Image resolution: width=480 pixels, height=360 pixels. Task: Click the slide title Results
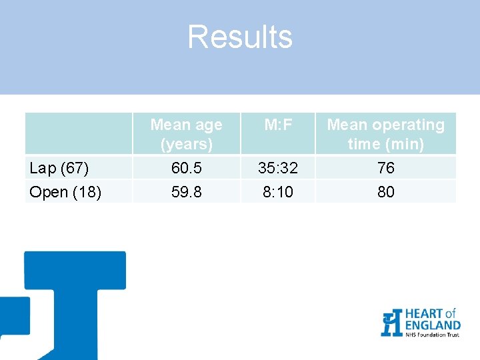(x=239, y=37)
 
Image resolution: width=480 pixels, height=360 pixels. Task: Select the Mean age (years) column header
(x=186, y=134)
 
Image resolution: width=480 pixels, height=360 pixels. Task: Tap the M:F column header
(x=278, y=125)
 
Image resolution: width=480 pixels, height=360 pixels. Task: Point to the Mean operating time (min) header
(x=385, y=134)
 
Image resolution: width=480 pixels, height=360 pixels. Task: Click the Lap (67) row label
(x=59, y=168)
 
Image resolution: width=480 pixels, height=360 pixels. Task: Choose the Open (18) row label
(x=65, y=192)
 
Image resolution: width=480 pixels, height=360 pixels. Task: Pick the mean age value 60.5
(x=186, y=168)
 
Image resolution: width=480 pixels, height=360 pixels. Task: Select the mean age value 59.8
(x=186, y=192)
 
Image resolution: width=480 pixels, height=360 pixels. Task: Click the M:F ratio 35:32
(x=278, y=168)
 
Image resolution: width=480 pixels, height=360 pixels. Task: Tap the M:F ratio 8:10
(x=278, y=192)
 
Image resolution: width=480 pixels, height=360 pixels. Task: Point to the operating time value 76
(x=385, y=168)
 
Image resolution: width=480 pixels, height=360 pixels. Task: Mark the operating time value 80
(x=385, y=192)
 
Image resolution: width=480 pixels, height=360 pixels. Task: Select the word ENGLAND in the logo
(x=432, y=325)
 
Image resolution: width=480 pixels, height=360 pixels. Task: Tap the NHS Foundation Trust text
(x=432, y=334)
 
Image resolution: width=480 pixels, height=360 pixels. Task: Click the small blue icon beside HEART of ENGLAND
(x=391, y=323)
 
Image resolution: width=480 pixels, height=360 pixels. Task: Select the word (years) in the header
(x=186, y=144)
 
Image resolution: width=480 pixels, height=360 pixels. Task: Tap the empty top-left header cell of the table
(x=79, y=134)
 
